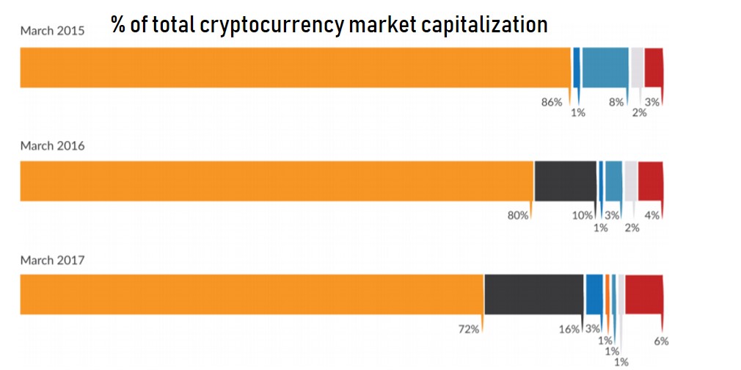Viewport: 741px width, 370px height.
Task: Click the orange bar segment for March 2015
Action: pyautogui.click(x=293, y=68)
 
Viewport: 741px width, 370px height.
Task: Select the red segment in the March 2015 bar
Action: pyautogui.click(x=654, y=68)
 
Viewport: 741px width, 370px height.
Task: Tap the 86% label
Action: pyautogui.click(x=551, y=102)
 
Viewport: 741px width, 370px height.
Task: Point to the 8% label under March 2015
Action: pyautogui.click(x=616, y=102)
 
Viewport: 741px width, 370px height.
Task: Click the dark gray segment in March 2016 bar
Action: pyautogui.click(x=565, y=181)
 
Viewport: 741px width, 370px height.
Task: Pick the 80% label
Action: pyautogui.click(x=518, y=215)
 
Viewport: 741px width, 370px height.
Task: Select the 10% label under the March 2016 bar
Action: pyautogui.click(x=583, y=215)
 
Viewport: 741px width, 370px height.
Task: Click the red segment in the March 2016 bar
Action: pyautogui.click(x=650, y=181)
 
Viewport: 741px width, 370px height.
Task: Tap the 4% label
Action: pyautogui.click(x=652, y=215)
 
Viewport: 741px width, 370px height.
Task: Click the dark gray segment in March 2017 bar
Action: pyautogui.click(x=533, y=294)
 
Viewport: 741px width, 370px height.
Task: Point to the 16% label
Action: pyautogui.click(x=569, y=329)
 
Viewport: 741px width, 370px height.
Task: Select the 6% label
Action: pyautogui.click(x=660, y=341)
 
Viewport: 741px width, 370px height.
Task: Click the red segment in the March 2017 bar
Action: pyautogui.click(x=643, y=294)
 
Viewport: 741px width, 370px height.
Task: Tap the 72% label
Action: pyautogui.click(x=468, y=329)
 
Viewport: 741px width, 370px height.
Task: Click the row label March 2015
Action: pyautogui.click(x=52, y=31)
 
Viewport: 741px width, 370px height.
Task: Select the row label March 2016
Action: pyautogui.click(x=52, y=145)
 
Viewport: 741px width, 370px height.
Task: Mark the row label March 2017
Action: pyautogui.click(x=52, y=260)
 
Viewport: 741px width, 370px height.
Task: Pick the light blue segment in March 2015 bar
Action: pyautogui.click(x=605, y=68)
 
